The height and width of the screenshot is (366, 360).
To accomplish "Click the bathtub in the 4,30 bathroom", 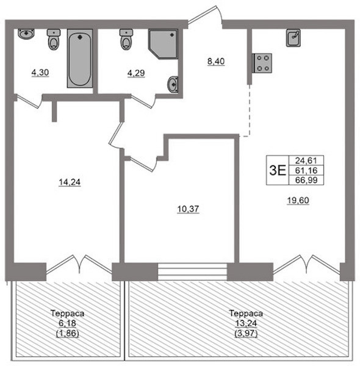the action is point(80,59).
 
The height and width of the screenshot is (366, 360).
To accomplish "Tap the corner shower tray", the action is point(164,44).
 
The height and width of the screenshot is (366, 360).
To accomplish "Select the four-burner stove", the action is point(262,63).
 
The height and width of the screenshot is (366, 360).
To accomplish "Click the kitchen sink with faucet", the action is point(293,38).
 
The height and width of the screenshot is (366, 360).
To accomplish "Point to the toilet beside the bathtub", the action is point(54,39).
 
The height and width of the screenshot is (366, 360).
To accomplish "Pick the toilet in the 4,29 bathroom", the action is point(126,39).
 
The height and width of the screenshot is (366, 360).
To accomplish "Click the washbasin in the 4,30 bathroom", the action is point(26,34).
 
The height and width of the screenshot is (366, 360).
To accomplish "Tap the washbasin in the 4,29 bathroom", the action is point(173,84).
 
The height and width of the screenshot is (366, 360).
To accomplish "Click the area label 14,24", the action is point(70,182).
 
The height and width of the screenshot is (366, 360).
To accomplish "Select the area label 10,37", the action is point(188,209).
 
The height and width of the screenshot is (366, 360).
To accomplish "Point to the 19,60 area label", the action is point(298,200).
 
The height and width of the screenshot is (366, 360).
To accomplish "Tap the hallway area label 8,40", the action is point(216,62).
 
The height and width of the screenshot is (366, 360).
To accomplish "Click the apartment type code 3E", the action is point(278,170).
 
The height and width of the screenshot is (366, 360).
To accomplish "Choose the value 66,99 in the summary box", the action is point(306,180).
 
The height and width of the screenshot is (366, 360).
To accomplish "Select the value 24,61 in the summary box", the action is point(306,160).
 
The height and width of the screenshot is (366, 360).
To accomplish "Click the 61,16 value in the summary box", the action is point(306,170).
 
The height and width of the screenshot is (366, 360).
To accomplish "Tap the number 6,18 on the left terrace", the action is point(67,323).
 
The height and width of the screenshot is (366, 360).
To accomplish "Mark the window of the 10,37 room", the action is point(193,271).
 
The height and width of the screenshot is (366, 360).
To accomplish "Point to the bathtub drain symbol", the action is point(80,37).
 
